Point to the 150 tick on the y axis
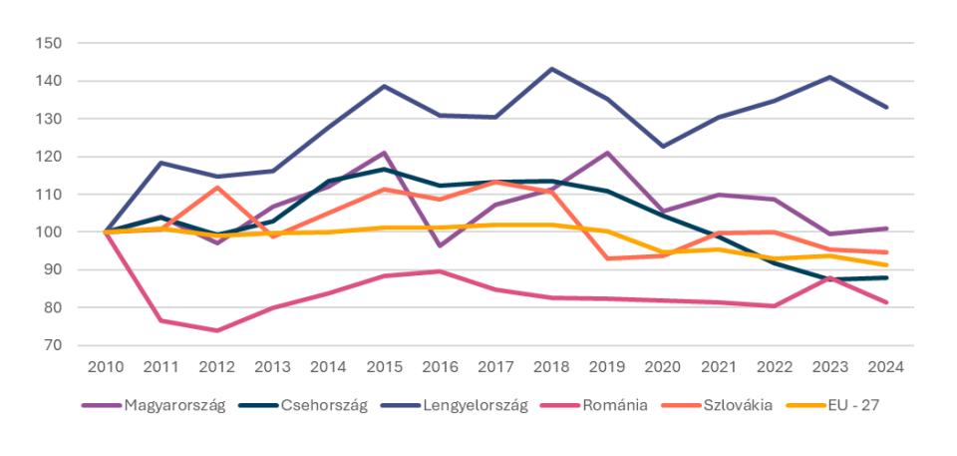tap(49, 43)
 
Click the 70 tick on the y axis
tap(53, 345)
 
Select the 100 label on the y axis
tap(49, 231)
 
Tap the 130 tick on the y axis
tap(49, 119)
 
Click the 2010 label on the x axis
tap(105, 366)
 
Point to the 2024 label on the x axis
tap(886, 366)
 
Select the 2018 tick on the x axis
tap(551, 366)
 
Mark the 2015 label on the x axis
tap(384, 366)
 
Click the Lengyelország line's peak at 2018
tap(551, 69)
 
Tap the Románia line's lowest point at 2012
tap(216, 330)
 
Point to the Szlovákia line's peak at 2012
tap(216, 187)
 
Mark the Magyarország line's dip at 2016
tap(440, 245)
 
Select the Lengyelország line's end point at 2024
tap(886, 107)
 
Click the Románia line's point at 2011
tap(160, 320)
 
